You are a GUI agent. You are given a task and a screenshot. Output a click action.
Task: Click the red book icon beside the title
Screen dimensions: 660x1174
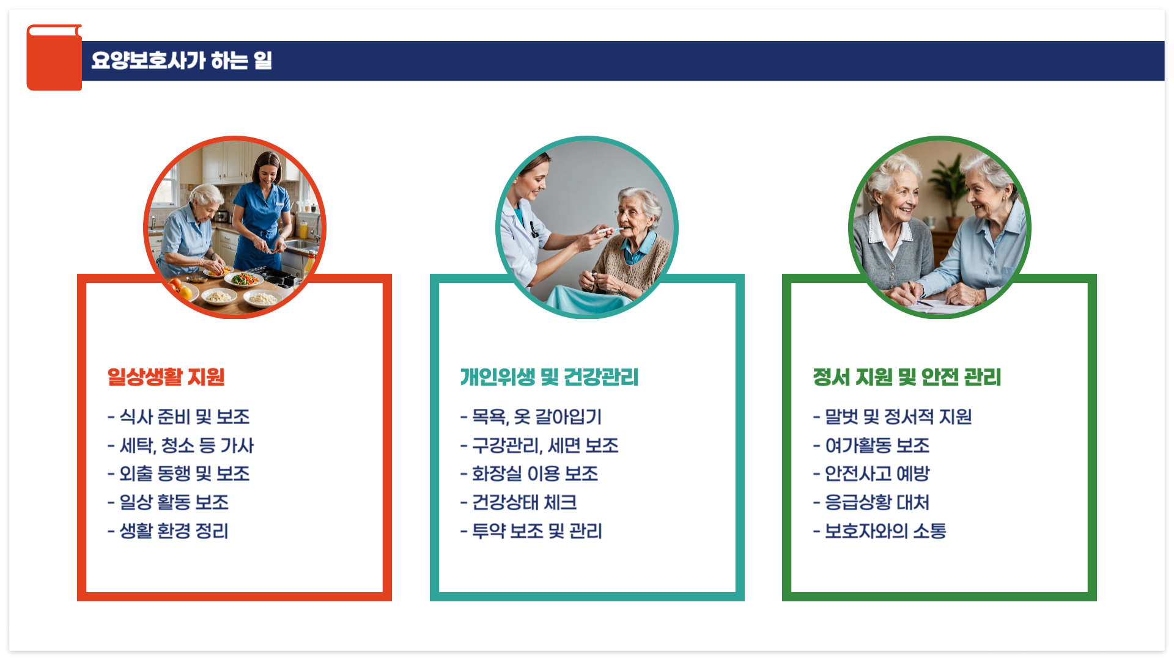click(x=54, y=58)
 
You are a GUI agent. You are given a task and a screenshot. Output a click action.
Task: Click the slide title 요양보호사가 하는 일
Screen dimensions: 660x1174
click(x=182, y=61)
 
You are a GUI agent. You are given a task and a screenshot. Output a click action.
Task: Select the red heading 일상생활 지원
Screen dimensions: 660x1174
click(x=166, y=376)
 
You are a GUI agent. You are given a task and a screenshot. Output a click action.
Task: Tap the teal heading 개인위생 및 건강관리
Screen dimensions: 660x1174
click(x=549, y=377)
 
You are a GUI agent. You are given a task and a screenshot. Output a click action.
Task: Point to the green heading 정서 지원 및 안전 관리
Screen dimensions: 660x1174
click(x=907, y=377)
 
